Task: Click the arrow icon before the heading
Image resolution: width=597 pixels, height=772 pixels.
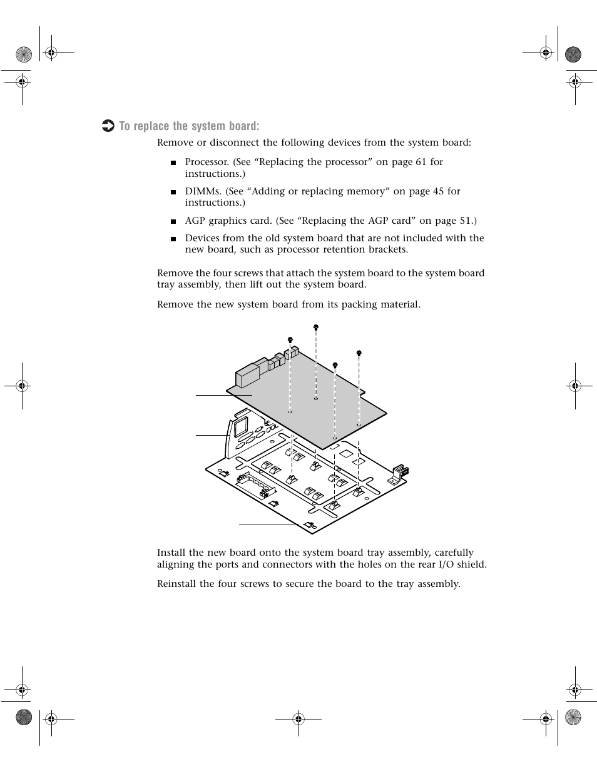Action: (x=108, y=126)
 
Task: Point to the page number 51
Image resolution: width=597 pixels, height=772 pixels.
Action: (x=467, y=221)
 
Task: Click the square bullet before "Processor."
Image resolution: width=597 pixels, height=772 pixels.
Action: (x=173, y=163)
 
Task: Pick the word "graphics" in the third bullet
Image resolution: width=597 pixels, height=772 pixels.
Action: (x=228, y=221)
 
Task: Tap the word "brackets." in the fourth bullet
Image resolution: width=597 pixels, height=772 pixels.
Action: (x=389, y=249)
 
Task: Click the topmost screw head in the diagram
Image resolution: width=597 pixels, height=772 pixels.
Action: (x=316, y=327)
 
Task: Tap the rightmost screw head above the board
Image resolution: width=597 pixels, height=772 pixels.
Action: (x=359, y=353)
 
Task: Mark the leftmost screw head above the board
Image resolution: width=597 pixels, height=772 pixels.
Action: (x=290, y=339)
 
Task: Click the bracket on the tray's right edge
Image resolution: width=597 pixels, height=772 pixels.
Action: (x=397, y=475)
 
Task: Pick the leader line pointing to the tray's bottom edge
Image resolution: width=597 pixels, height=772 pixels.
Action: (x=269, y=524)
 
